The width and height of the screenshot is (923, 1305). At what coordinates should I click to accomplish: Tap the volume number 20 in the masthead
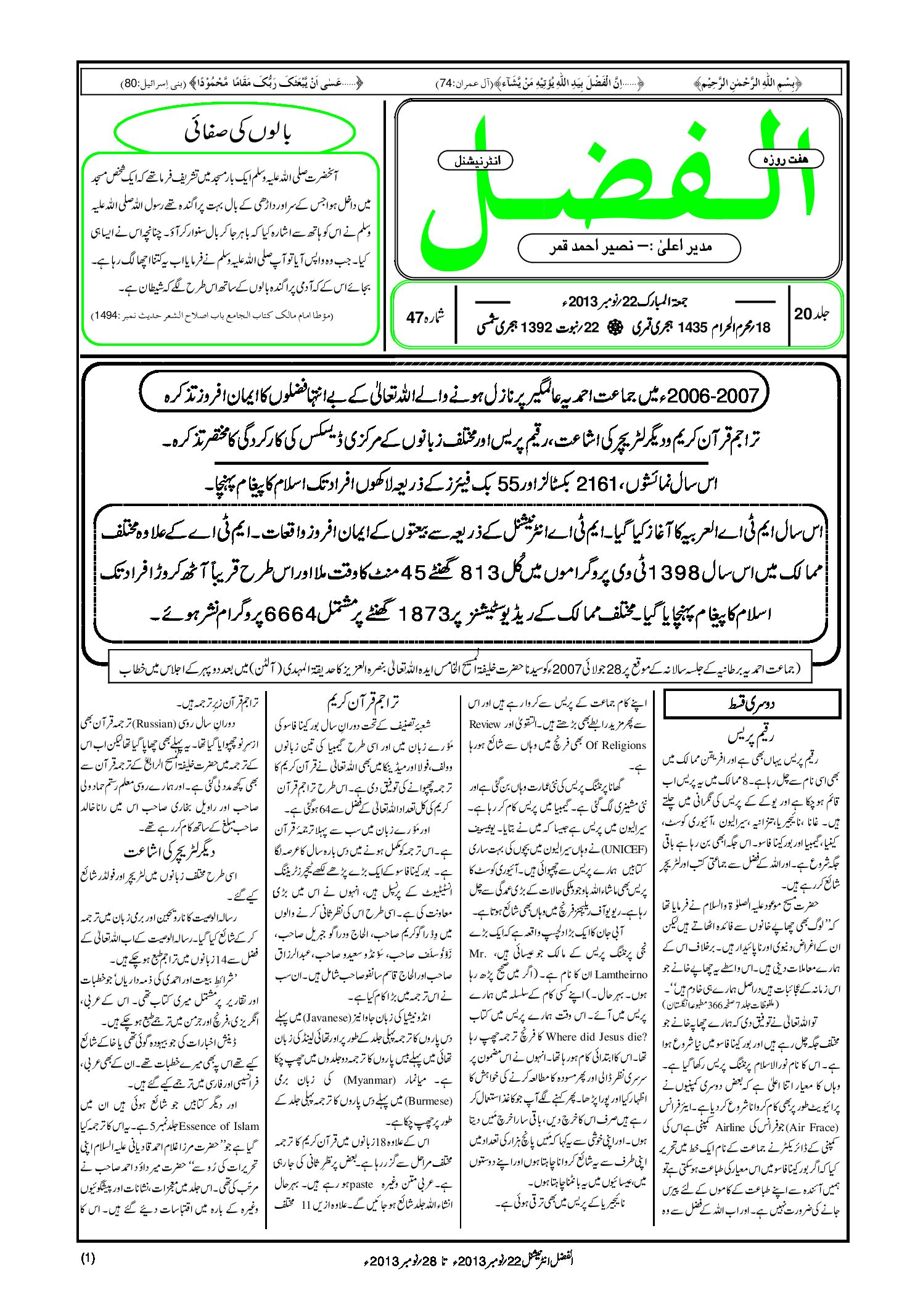(x=803, y=314)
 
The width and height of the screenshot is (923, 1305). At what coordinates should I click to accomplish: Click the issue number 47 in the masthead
(x=414, y=317)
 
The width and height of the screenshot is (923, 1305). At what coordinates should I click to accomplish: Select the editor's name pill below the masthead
(x=629, y=247)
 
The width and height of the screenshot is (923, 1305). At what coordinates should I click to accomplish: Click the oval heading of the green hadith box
(x=235, y=133)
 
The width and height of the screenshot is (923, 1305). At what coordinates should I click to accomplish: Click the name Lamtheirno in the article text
(x=619, y=975)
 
